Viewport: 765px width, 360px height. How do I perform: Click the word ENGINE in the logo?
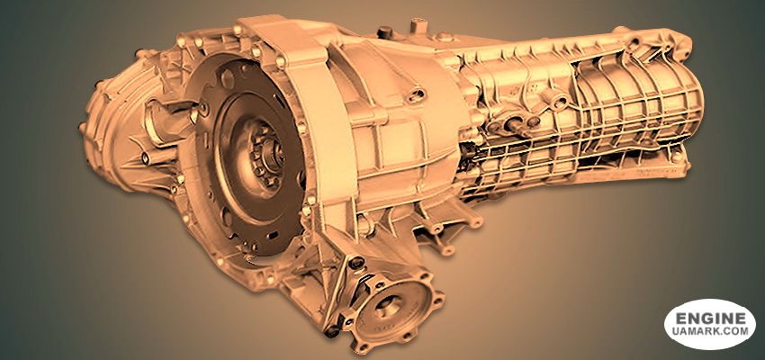[x=710, y=319]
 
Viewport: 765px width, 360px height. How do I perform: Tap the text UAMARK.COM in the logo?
[x=710, y=331]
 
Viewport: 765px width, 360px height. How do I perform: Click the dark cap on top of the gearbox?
[x=385, y=32]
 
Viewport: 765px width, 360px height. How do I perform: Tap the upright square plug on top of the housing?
[x=417, y=25]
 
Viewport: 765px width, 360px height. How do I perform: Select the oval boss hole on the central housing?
[x=416, y=94]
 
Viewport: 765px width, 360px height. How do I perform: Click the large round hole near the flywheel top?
[x=227, y=78]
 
